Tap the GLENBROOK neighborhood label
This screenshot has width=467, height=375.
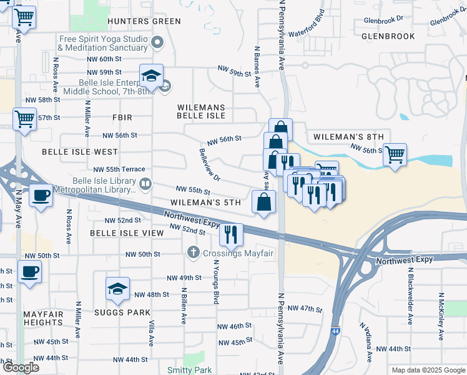(x=388, y=36)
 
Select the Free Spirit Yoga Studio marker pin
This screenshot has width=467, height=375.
(x=157, y=43)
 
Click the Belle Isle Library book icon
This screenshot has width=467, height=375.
(x=145, y=183)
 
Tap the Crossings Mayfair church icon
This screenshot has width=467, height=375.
(x=193, y=252)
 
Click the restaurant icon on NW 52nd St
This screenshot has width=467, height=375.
(x=232, y=235)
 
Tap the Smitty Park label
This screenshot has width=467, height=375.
(x=190, y=371)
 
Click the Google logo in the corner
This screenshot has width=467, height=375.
(x=21, y=368)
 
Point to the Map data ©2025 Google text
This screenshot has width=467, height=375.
(x=428, y=370)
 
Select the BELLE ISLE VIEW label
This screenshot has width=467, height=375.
(x=121, y=232)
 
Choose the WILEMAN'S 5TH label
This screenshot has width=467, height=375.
(x=205, y=203)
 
